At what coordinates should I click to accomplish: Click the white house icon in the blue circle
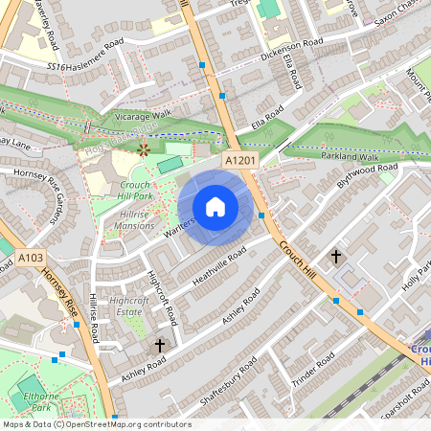215,206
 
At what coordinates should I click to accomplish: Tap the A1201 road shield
240,161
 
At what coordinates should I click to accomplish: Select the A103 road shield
30,257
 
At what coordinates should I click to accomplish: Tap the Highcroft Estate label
129,305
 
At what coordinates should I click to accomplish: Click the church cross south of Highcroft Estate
160,344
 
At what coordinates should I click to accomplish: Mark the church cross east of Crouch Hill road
335,256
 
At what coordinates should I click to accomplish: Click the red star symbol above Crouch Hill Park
144,148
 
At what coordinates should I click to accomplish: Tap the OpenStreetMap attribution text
96,424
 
